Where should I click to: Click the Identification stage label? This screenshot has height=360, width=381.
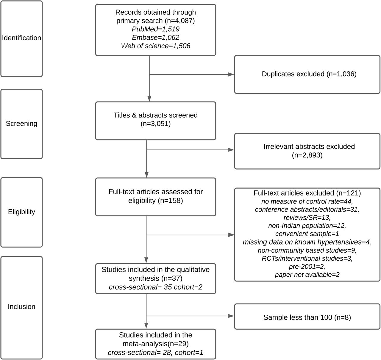coord(21,38)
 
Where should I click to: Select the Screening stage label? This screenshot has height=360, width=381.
coord(21,123)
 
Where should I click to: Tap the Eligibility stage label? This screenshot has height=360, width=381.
coord(21,212)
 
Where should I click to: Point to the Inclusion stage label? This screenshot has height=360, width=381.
coord(21,307)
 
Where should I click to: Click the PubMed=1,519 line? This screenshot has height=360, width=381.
coord(156,29)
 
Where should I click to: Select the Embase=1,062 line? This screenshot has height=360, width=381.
coord(156,37)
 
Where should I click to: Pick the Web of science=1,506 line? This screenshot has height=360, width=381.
coord(156,46)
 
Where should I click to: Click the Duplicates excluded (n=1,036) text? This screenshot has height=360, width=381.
coord(309,74)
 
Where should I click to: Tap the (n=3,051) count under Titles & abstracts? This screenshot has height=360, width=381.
coord(156,123)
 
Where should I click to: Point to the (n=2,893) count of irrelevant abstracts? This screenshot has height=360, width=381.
coord(307,155)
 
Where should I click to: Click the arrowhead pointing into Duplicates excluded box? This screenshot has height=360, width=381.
coord(231,74)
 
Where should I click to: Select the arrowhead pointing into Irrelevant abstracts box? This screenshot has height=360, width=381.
coord(231,150)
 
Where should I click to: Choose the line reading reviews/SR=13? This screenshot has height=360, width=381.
coord(307,217)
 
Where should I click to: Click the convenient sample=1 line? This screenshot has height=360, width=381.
coord(307,234)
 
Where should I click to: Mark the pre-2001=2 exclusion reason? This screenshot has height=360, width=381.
coord(307,267)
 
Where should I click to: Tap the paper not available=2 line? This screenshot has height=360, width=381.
coord(307,275)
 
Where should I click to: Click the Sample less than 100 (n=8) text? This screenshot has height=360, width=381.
coord(307,317)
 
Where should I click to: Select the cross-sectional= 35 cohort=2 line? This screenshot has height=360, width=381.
coord(156,287)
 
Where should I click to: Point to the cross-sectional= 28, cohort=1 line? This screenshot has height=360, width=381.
coord(156,353)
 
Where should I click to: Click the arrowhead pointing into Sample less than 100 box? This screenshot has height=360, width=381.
coord(231,316)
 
